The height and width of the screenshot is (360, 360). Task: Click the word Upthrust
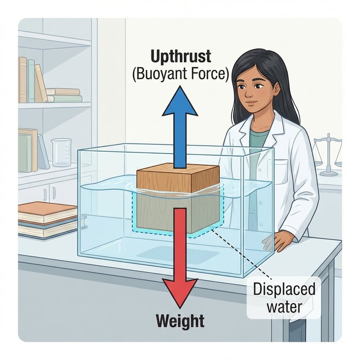coord(181,57)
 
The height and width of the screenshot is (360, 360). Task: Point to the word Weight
coord(180,321)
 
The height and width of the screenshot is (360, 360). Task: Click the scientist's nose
coord(249,91)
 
